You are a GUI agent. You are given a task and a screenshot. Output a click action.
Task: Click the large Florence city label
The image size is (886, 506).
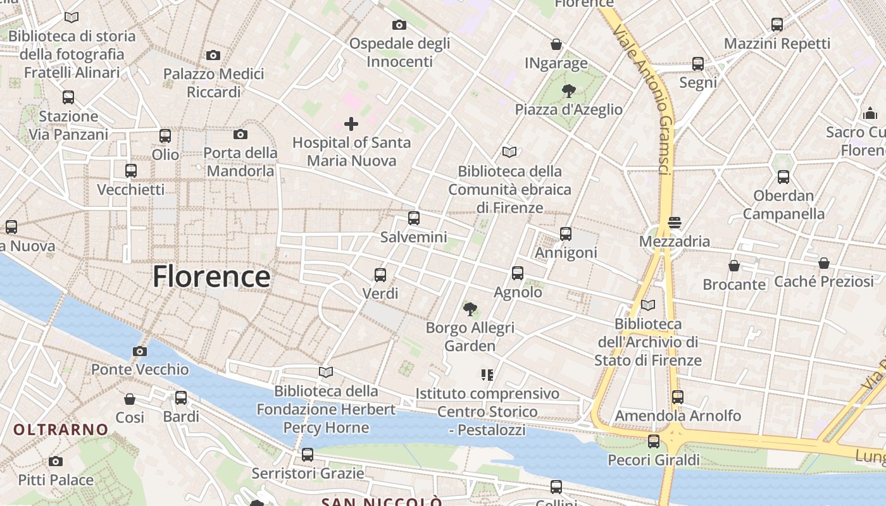tap(211, 277)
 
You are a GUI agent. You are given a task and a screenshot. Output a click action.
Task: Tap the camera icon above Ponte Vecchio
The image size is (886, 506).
tap(140, 351)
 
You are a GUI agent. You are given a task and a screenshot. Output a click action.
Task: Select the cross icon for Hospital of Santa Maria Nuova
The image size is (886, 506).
tap(351, 124)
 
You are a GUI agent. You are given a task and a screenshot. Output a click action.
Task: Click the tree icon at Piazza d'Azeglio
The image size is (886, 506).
tap(568, 91)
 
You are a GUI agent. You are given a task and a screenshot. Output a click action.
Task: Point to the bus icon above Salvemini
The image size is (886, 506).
tap(414, 219)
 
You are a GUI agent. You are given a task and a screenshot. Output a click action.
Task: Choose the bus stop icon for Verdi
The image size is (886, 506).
tap(380, 275)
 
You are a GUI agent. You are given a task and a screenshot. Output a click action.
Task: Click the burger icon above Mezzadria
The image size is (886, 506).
tap(674, 223)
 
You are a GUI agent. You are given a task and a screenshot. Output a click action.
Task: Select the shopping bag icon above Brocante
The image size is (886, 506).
tap(734, 266)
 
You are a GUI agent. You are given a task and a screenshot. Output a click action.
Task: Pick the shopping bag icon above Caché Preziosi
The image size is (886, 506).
tap(824, 262)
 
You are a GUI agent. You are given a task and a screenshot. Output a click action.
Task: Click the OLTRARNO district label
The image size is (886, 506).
tap(61, 430)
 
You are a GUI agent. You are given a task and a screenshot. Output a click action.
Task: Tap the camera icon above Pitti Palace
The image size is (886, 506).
tap(56, 461)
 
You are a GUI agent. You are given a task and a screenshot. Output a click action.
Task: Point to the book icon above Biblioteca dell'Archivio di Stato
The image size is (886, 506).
tap(648, 305)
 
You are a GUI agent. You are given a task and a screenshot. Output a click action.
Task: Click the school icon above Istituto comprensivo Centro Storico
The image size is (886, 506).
tap(487, 375)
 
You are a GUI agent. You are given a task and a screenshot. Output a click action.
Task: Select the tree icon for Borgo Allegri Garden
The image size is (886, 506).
tap(470, 309)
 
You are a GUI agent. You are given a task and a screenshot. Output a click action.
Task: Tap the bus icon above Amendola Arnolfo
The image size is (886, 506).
tap(678, 397)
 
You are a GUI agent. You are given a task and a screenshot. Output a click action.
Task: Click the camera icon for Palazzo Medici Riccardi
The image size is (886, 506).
tap(213, 55)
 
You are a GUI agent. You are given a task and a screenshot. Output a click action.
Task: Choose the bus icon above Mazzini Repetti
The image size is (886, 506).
tap(777, 25)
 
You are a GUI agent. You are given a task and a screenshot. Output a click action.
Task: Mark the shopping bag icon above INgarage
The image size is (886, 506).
tap(556, 44)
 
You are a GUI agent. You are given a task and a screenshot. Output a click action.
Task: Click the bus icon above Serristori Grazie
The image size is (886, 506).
tap(308, 455)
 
